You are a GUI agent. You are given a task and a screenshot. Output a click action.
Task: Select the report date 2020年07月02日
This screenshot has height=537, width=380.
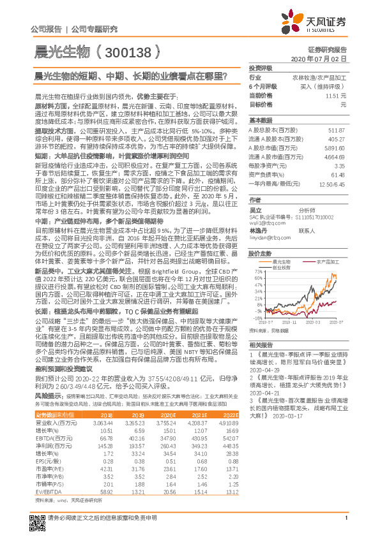pyautogui.click(x=319, y=58)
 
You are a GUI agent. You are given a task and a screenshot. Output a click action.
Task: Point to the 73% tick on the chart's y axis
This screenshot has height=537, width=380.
pyautogui.click(x=256, y=271)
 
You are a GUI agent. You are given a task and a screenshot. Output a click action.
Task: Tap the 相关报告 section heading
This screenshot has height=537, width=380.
pyautogui.click(x=260, y=344)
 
